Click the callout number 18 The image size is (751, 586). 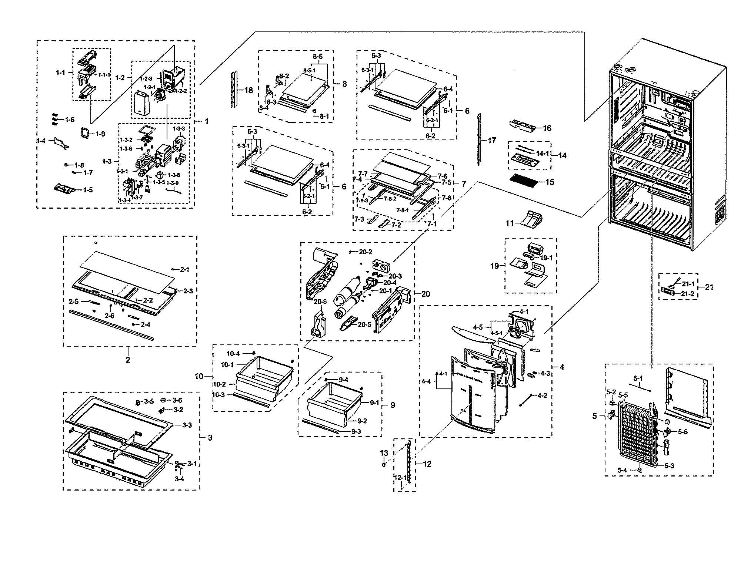(248, 90)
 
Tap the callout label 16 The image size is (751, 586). (547, 128)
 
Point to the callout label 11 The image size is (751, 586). (510, 223)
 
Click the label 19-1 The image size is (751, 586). (545, 258)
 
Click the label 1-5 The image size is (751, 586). (88, 190)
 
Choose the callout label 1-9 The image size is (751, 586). (100, 134)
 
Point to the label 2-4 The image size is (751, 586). (145, 324)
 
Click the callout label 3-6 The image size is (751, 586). (177, 400)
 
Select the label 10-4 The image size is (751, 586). (233, 353)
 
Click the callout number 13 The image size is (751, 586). (384, 453)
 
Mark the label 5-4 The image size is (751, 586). (622, 470)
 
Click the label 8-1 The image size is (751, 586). (324, 116)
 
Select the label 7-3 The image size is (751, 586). (359, 219)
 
